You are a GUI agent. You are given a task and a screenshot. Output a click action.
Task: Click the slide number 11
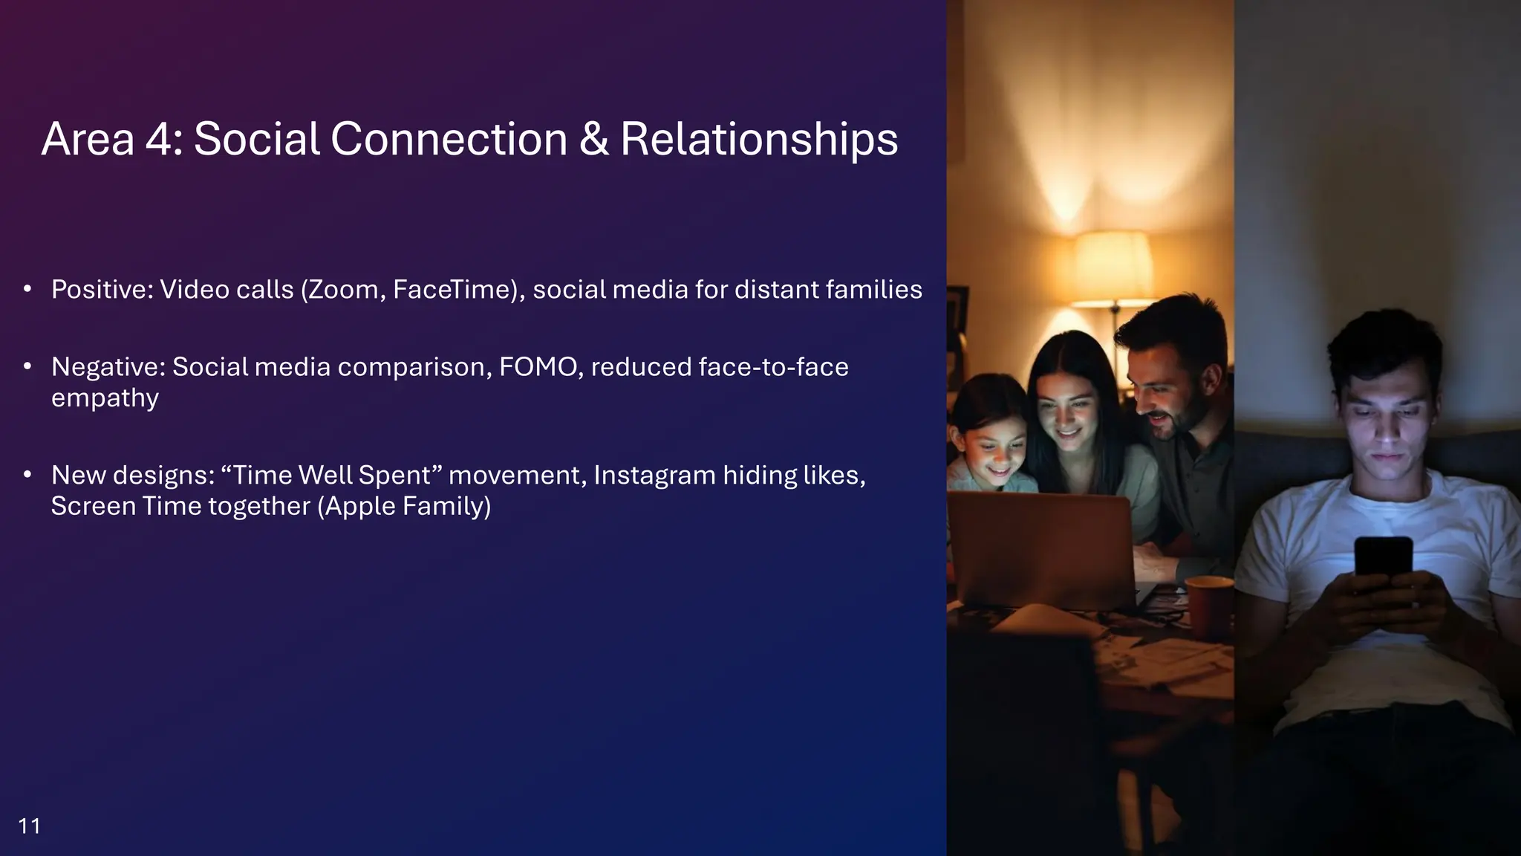(x=29, y=826)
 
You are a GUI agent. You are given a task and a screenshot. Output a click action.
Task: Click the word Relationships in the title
(x=758, y=140)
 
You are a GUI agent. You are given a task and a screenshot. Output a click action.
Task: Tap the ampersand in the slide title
(x=593, y=139)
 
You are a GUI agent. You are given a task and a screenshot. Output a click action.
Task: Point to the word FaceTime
(x=455, y=290)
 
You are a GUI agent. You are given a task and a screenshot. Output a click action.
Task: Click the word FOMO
(x=540, y=367)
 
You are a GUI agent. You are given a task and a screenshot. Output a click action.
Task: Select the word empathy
(x=105, y=398)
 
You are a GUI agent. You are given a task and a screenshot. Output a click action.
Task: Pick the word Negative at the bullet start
(x=108, y=367)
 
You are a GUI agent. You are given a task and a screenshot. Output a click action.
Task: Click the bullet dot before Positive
(x=27, y=288)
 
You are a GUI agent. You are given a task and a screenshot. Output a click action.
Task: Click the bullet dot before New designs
(x=27, y=474)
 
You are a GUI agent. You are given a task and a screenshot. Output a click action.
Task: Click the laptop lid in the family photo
(x=1040, y=546)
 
